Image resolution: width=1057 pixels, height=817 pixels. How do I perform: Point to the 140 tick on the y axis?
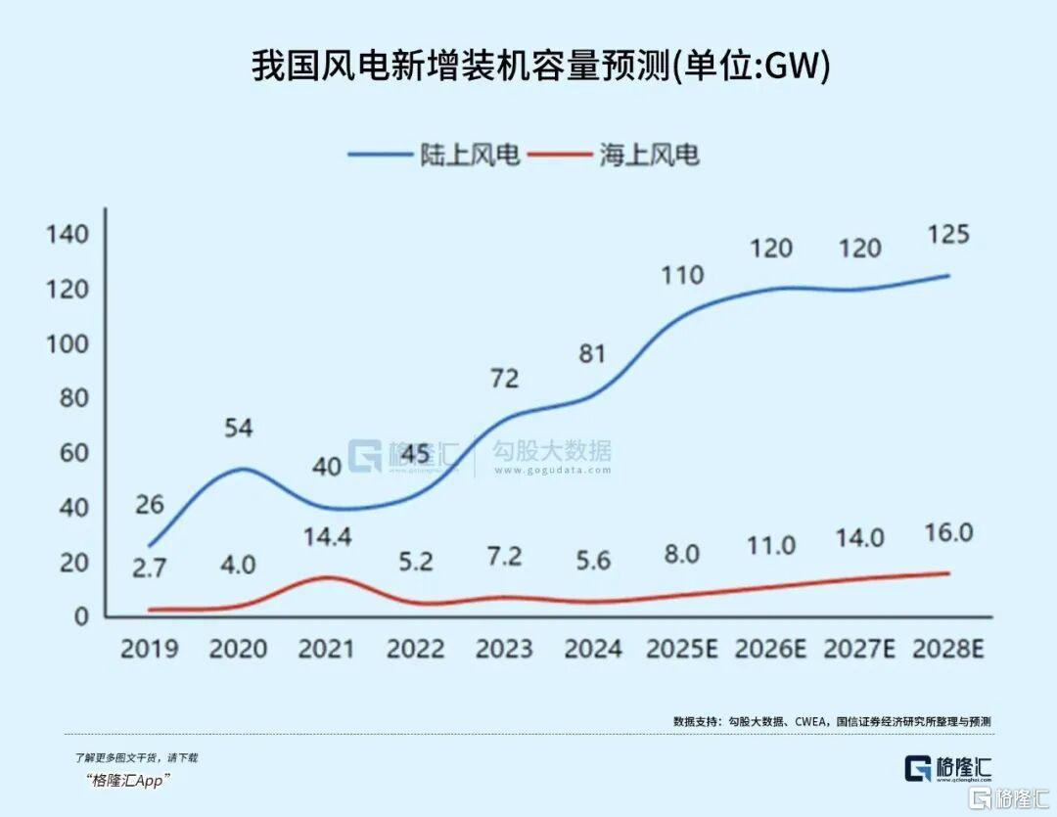(x=67, y=235)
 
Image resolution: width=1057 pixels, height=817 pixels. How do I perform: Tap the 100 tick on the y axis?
(x=67, y=344)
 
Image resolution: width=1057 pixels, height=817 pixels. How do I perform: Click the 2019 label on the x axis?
(x=149, y=649)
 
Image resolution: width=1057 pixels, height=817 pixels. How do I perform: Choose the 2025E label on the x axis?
(x=681, y=649)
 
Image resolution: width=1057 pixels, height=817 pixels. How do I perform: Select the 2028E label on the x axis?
(x=947, y=649)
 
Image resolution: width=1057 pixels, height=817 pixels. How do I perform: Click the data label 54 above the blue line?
(x=238, y=428)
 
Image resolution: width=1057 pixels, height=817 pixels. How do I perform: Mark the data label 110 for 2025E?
(x=681, y=275)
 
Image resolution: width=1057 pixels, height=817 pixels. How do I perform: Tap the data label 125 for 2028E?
(x=946, y=235)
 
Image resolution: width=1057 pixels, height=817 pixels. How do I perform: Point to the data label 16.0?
(x=946, y=533)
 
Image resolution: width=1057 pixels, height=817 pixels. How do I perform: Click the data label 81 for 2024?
(x=592, y=353)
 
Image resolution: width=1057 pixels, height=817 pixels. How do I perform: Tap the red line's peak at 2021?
(x=327, y=577)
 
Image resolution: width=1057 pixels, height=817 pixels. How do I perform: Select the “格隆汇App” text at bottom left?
(x=128, y=780)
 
